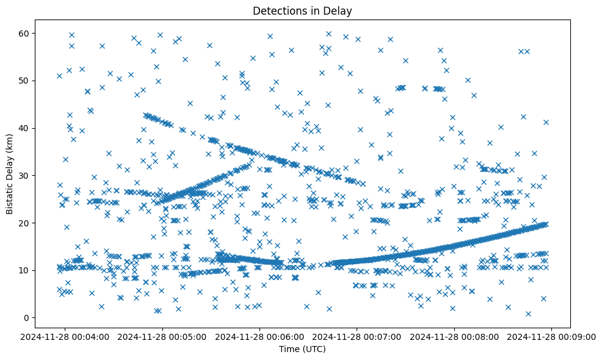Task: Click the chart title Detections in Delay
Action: pyautogui.click(x=302, y=11)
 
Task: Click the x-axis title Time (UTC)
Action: pyautogui.click(x=302, y=349)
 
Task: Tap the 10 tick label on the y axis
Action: pyautogui.click(x=25, y=270)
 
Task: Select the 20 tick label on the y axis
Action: pyautogui.click(x=25, y=223)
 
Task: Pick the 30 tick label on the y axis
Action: pyautogui.click(x=25, y=176)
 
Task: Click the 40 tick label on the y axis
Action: pyautogui.click(x=25, y=128)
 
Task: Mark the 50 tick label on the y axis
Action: pyautogui.click(x=25, y=81)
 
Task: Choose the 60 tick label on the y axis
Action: pyautogui.click(x=25, y=33)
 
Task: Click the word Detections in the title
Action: pyautogui.click(x=277, y=11)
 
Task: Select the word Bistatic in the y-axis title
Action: pyautogui.click(x=10, y=194)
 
